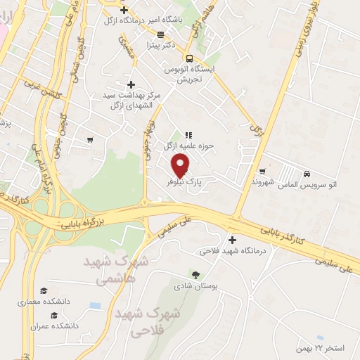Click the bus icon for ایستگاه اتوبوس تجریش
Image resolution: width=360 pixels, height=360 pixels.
(x=188, y=58)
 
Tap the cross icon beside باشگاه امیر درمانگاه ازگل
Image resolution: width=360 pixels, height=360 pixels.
(x=124, y=11)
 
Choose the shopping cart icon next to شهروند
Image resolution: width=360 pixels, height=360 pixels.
(x=262, y=171)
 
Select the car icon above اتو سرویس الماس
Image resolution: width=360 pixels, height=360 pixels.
(x=307, y=174)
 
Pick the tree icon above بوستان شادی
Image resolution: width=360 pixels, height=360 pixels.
(x=195, y=274)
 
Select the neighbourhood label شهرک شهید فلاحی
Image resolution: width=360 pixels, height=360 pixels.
(x=148, y=321)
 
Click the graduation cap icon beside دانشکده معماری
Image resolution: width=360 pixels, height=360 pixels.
(x=44, y=290)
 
